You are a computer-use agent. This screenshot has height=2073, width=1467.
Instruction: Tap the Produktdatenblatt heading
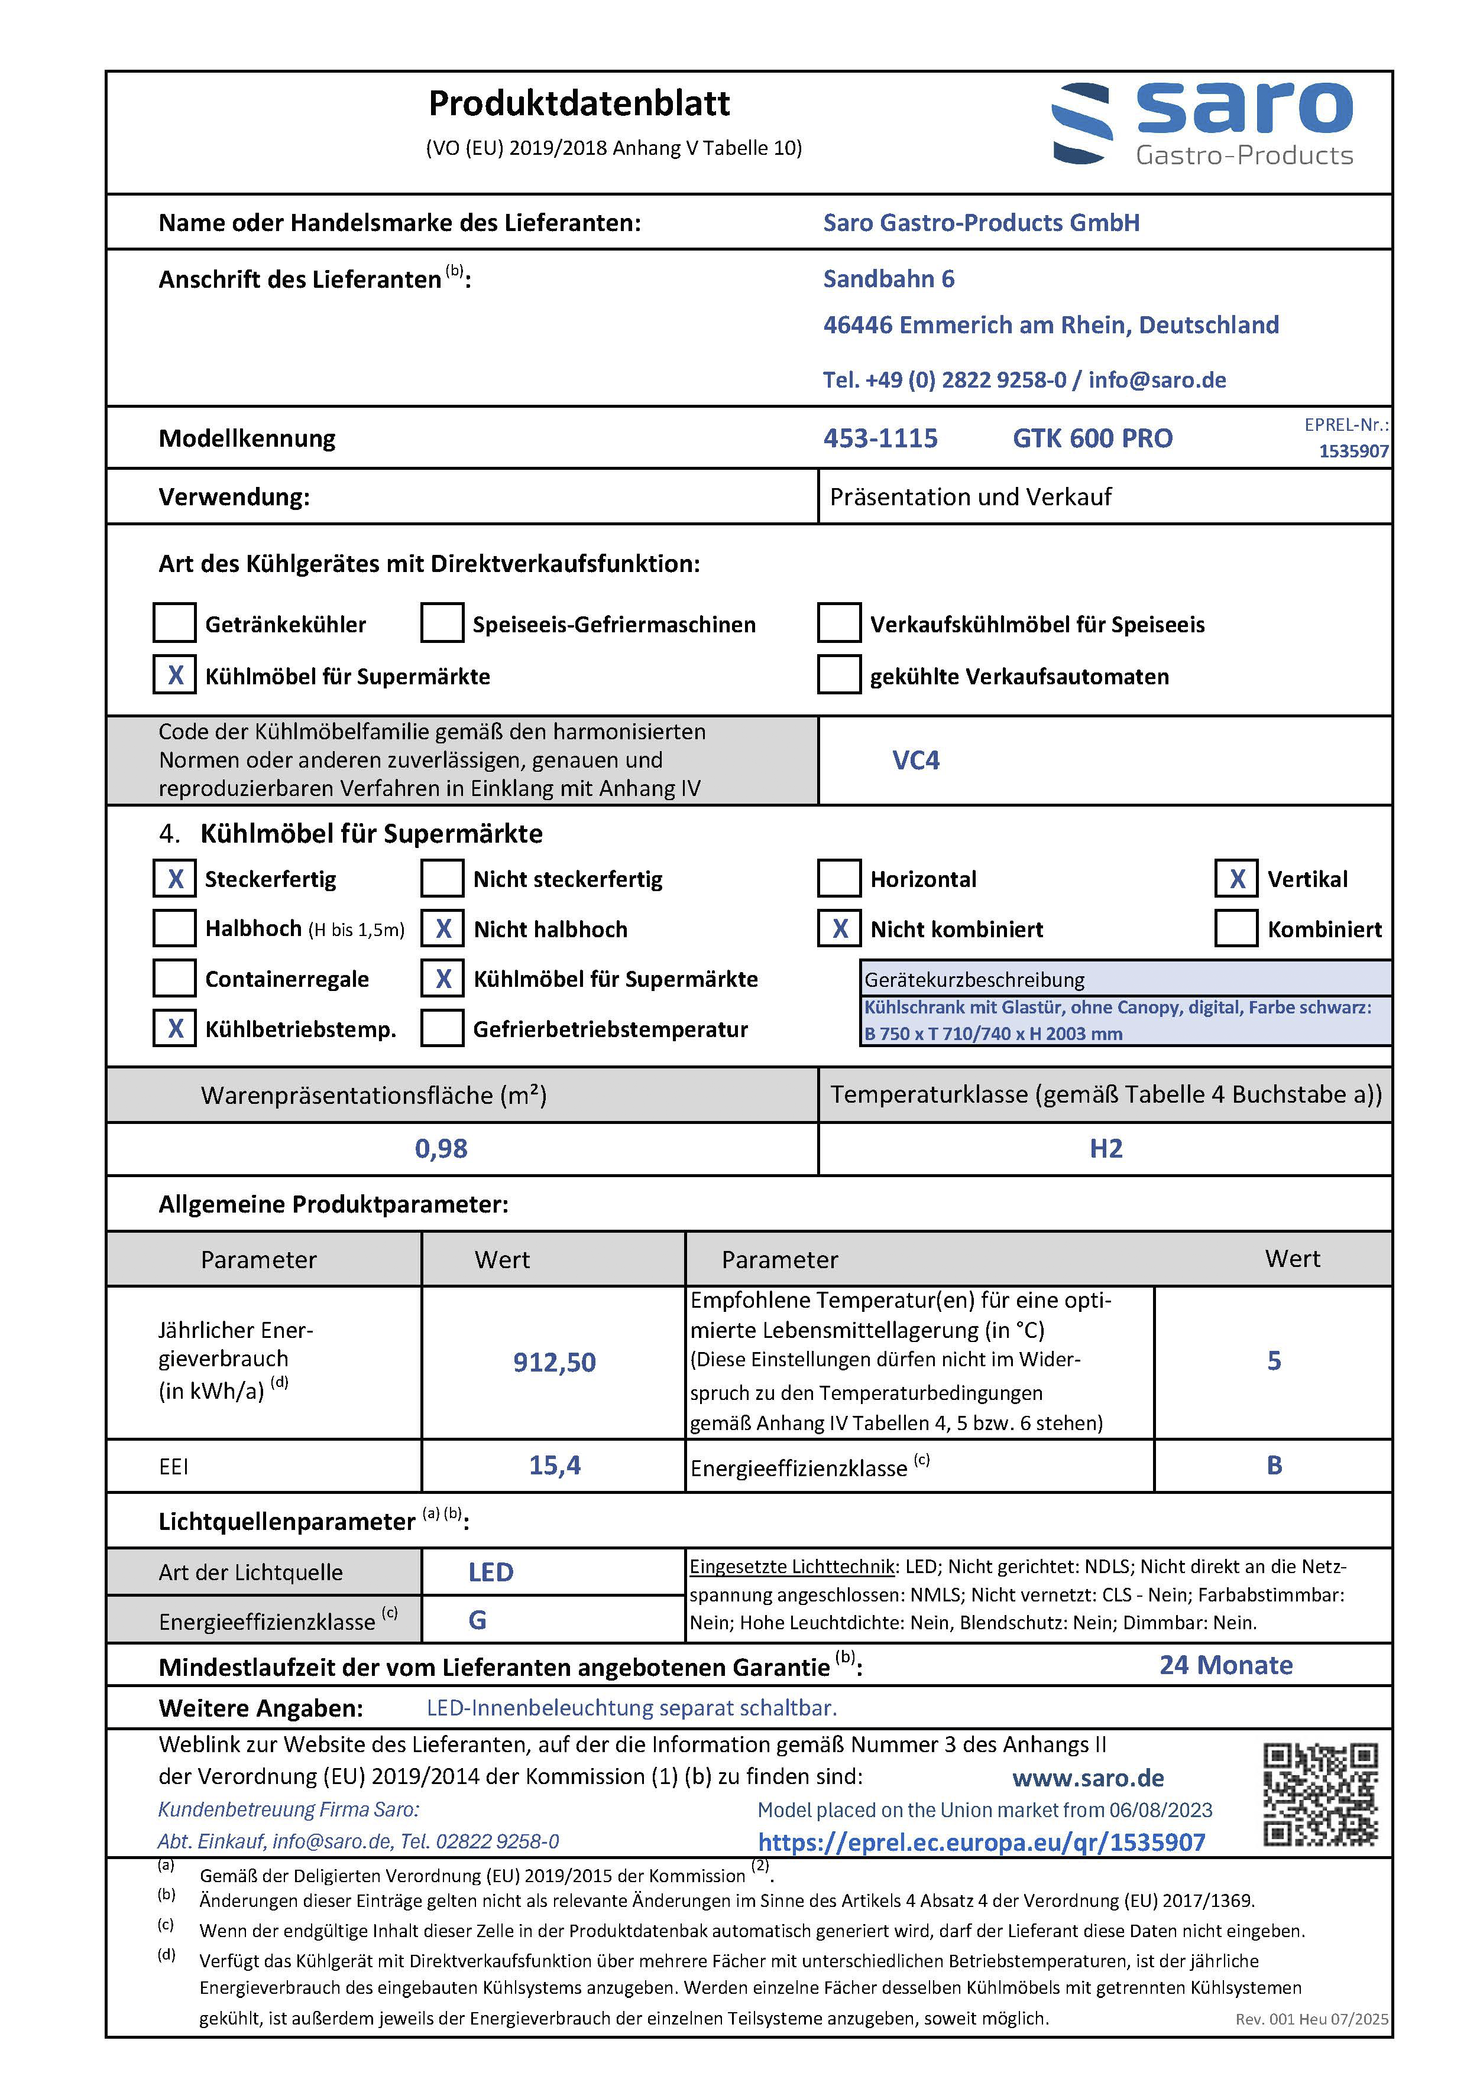[579, 104]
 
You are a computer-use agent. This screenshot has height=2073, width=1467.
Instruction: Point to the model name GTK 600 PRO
[1092, 439]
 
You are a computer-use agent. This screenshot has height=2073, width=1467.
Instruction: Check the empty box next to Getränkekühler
[174, 623]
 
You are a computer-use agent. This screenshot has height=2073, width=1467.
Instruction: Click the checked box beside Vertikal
[1236, 879]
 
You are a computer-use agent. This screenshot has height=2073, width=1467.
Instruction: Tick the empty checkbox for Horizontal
[839, 879]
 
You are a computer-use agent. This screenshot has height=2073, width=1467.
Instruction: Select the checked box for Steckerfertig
[174, 879]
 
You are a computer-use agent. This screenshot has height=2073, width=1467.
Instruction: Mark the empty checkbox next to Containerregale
[174, 979]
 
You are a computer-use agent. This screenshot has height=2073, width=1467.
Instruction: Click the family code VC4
[916, 760]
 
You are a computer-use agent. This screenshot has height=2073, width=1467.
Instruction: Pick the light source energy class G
[478, 1620]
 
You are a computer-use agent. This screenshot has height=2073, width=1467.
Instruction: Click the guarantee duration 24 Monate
[1226, 1665]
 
